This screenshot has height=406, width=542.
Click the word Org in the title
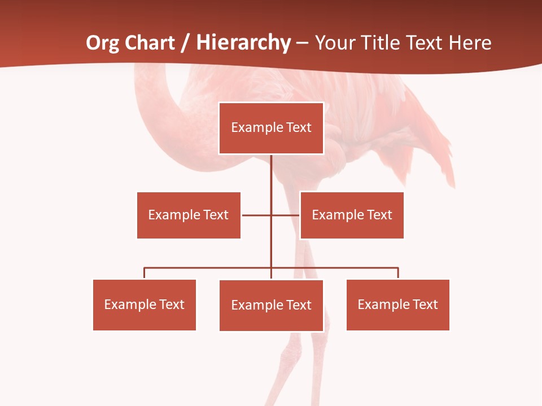102,43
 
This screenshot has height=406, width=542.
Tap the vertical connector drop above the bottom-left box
145,273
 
